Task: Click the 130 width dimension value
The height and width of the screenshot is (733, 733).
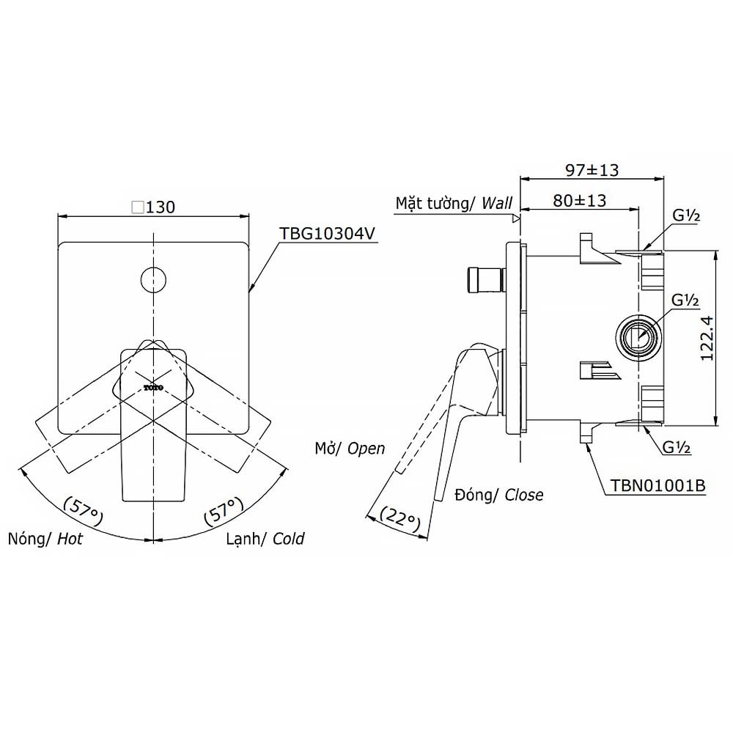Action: coord(161,207)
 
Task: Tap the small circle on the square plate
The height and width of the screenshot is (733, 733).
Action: coord(153,280)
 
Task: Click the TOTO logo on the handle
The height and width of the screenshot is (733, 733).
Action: coord(153,388)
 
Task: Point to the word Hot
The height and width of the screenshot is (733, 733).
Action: coord(70,539)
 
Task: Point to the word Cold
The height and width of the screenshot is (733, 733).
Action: coord(288,539)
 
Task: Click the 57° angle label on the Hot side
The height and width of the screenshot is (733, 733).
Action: coord(84,510)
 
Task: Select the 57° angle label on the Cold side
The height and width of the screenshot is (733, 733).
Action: coord(224,510)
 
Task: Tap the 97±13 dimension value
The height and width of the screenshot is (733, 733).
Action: coord(592,170)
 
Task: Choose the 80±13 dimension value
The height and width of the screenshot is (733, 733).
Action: coord(579,201)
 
